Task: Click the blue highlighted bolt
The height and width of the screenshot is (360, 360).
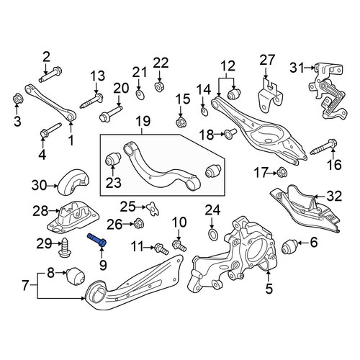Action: tap(97, 240)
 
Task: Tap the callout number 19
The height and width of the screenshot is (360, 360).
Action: tap(143, 121)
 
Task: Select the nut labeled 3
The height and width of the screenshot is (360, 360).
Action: tap(17, 98)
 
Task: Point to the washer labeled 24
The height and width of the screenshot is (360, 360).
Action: tap(212, 235)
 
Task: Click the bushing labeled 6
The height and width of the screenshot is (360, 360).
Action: tap(290, 248)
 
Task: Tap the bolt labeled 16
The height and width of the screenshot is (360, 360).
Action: tap(324, 147)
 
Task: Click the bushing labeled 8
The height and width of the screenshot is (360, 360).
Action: tap(76, 276)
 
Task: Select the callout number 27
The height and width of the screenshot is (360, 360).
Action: tap(266, 60)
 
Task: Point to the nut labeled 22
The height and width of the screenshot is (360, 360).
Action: tap(159, 86)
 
